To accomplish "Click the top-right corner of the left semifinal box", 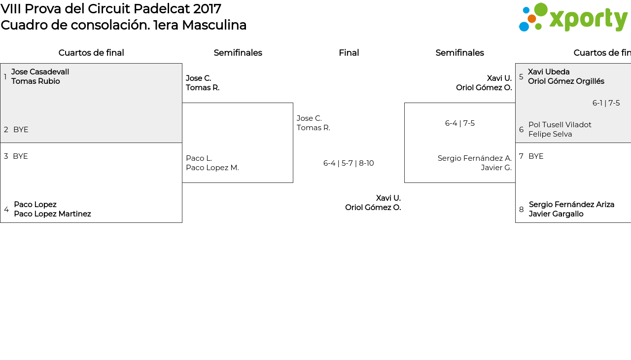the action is [293, 103].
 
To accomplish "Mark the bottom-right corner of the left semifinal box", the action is [293, 182].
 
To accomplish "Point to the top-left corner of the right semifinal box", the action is [405, 103].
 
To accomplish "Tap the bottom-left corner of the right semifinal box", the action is [405, 182].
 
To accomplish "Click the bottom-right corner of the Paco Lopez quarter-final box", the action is [182, 222].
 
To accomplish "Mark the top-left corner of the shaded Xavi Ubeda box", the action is [516, 64].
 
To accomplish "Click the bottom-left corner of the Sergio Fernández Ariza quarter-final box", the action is [516, 222].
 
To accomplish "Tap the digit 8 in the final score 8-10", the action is [361, 163].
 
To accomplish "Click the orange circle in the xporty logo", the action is [531, 19].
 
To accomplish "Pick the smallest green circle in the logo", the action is [538, 27].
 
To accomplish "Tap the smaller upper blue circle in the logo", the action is [526, 10].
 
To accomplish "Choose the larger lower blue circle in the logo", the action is [524, 27].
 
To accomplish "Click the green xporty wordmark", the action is [589, 19].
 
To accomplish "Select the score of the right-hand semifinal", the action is [460, 123].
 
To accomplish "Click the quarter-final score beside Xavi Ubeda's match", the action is [606, 103].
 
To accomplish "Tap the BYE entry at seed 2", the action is [21, 130].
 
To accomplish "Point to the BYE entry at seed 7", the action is [536, 156].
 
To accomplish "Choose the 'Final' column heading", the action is [349, 53].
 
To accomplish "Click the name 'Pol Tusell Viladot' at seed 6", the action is [560, 124].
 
